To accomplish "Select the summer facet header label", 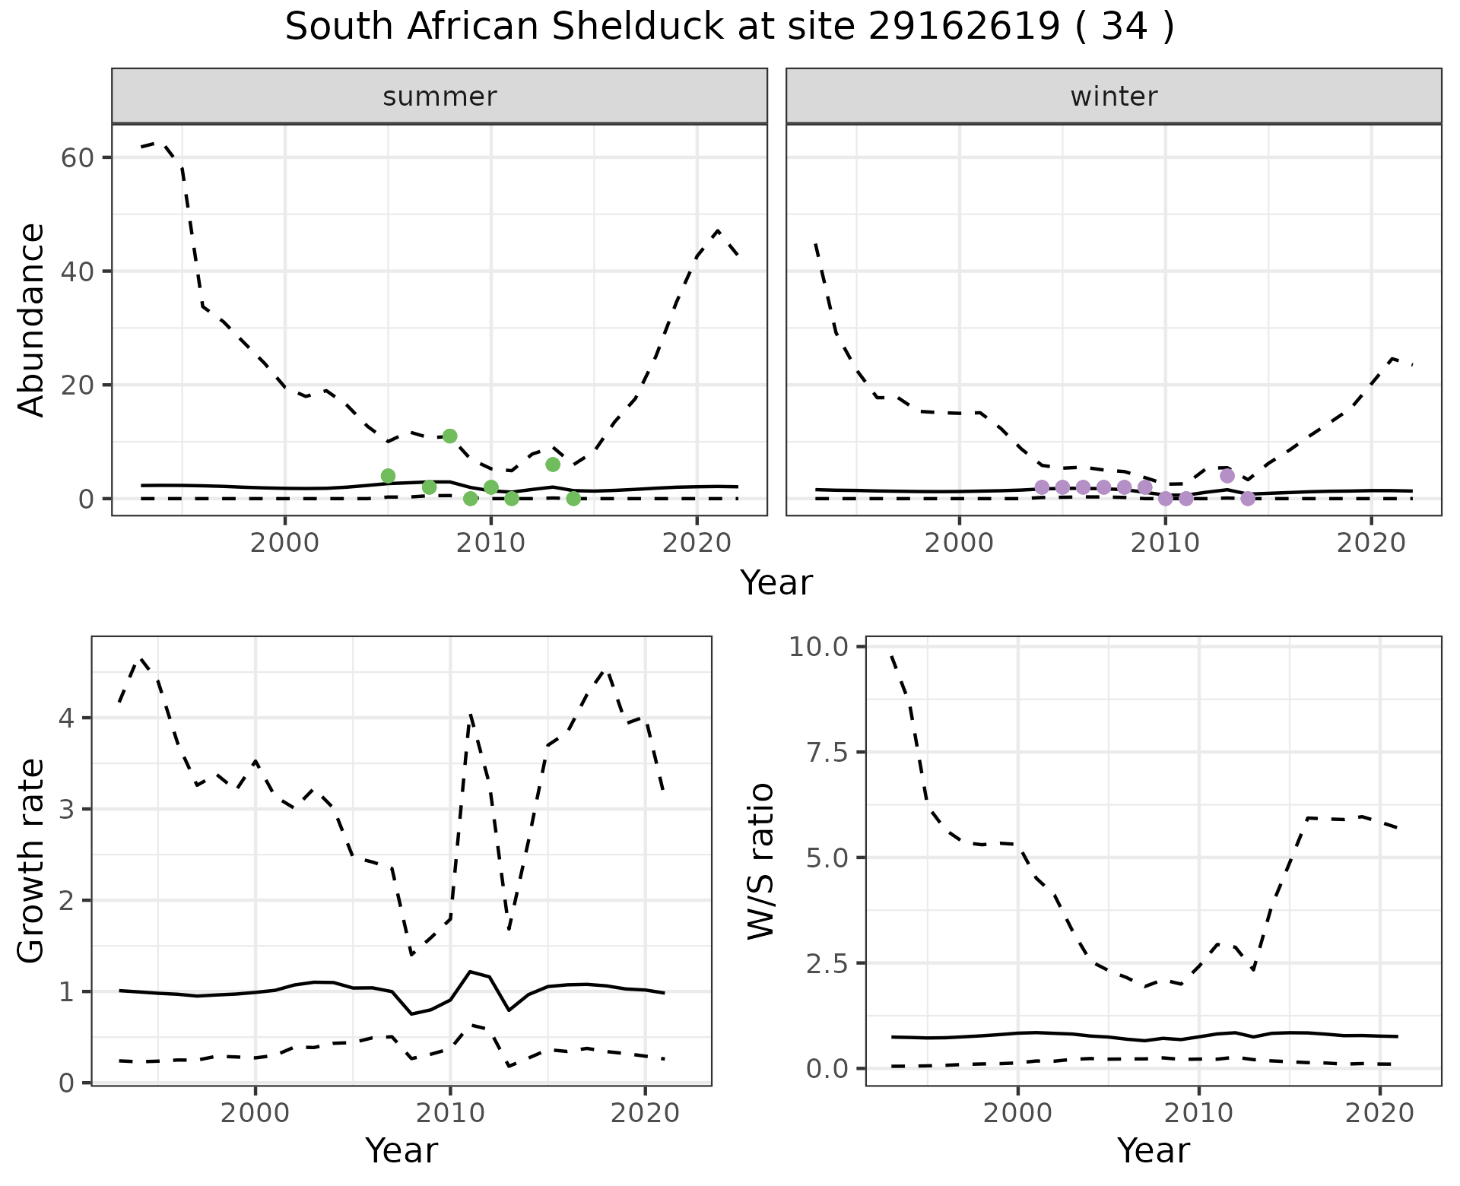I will point(440,97).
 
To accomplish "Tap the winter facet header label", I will point(1113,97).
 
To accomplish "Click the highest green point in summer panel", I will point(449,436).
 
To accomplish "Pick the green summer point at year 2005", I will point(388,476).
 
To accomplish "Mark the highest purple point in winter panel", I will point(1227,476).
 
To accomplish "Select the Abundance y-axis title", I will point(31,320).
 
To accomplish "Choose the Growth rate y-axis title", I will point(31,861).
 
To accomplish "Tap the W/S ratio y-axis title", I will point(760,861).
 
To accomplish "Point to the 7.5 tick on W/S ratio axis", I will point(827,752).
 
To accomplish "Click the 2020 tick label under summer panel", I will point(697,544).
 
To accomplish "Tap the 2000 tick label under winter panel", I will point(959,544).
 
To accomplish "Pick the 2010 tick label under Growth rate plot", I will point(450,1114).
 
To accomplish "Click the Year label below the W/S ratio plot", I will point(1153,1151).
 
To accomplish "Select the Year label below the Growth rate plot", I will point(401,1151).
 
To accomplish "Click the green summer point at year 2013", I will point(553,465).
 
